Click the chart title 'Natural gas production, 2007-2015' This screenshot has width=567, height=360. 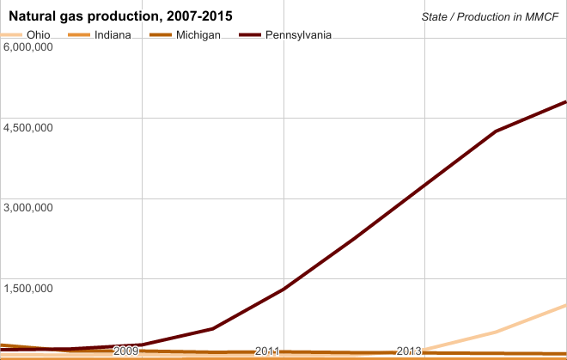tap(120, 16)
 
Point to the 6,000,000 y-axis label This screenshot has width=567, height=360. tap(29, 46)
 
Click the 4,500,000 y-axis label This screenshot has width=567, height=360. tap(29, 127)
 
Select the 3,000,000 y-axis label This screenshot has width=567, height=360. tap(29, 207)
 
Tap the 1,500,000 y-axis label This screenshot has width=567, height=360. tap(29, 287)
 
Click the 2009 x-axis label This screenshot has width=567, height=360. tap(125, 351)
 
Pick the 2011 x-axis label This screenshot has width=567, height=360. tap(267, 351)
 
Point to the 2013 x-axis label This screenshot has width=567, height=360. tap(409, 351)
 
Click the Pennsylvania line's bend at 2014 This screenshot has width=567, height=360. tap(496, 131)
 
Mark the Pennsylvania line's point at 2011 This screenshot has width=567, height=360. tap(283, 289)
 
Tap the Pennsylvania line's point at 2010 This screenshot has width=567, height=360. tap(212, 328)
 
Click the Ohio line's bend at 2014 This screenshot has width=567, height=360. tap(496, 332)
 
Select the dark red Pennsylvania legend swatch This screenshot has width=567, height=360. tap(249, 34)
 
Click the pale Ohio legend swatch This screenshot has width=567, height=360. tap(12, 34)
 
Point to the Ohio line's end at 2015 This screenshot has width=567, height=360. tap(565, 305)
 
